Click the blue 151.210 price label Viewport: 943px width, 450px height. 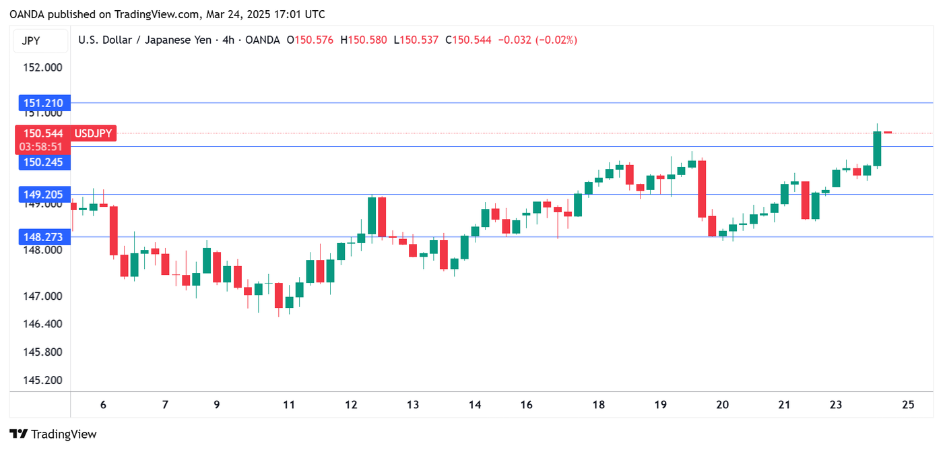(x=43, y=103)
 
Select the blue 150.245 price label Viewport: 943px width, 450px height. (x=43, y=162)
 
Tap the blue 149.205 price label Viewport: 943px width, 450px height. (x=43, y=195)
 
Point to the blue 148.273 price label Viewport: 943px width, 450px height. (x=43, y=237)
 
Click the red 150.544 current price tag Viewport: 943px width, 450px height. (x=43, y=133)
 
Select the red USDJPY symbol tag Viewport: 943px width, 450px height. (x=93, y=133)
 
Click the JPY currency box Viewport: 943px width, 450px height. (x=31, y=40)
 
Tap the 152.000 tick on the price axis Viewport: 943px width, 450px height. (x=43, y=67)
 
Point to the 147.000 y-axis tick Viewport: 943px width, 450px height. (x=43, y=296)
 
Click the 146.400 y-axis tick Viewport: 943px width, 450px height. (x=43, y=324)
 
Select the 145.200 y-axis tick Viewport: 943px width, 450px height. (x=43, y=380)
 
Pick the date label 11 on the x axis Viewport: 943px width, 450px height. (x=289, y=405)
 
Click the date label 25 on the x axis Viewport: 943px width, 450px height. (x=908, y=405)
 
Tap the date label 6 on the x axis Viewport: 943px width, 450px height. (x=103, y=405)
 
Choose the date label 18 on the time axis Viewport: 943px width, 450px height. (x=598, y=405)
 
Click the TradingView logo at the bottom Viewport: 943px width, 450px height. (x=53, y=435)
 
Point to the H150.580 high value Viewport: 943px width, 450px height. (x=364, y=40)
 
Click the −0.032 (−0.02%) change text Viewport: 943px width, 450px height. (x=537, y=40)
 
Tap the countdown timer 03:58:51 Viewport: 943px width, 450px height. (x=42, y=146)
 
